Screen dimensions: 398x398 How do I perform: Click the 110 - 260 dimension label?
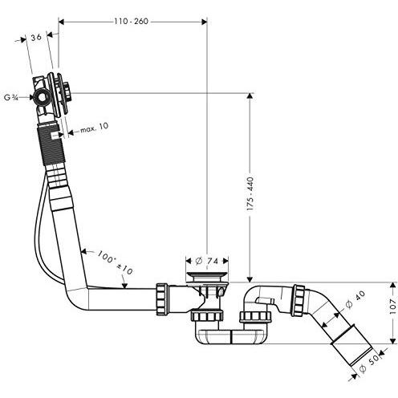point(131,21)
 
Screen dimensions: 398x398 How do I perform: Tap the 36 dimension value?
point(36,37)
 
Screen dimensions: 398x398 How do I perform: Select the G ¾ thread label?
point(11,98)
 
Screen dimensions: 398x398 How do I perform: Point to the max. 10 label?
point(95,128)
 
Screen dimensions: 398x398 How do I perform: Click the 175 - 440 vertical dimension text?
point(250,193)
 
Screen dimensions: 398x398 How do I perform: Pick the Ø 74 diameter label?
point(207,261)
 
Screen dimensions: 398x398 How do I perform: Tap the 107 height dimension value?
point(392,307)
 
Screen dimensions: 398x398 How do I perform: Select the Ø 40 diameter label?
point(355,299)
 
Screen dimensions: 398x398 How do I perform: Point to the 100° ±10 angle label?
point(115,262)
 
